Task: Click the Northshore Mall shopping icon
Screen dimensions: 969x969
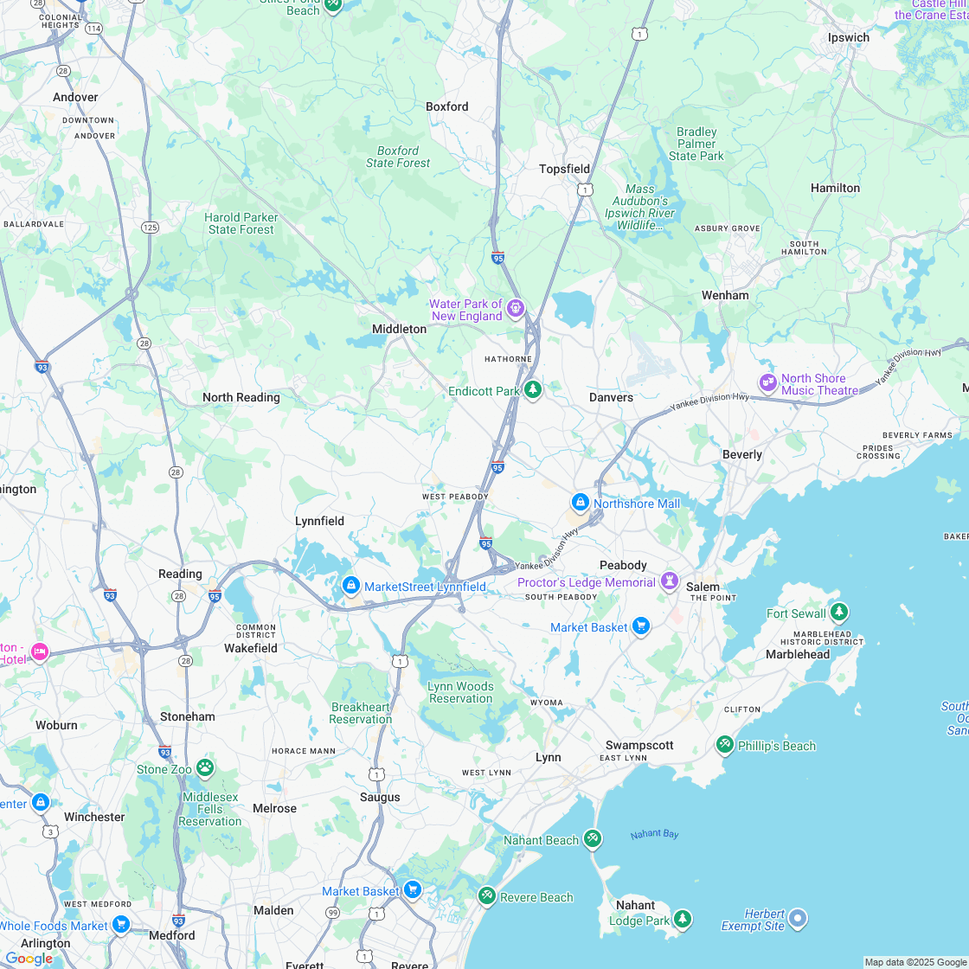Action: point(581,502)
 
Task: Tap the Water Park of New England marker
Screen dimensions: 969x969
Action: point(516,307)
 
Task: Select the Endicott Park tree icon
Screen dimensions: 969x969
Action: point(533,390)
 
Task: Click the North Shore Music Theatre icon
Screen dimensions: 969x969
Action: point(768,382)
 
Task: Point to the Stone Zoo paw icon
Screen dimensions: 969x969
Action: point(205,767)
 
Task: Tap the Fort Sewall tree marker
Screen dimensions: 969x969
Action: point(838,613)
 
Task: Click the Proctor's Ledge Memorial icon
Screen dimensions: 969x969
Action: point(670,581)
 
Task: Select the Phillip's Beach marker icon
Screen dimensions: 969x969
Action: point(725,744)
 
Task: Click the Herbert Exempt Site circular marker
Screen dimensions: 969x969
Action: point(798,918)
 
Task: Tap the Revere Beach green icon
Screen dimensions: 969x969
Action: point(487,895)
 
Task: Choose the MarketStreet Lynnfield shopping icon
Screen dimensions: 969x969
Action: point(350,586)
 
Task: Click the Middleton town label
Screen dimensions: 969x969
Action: point(399,329)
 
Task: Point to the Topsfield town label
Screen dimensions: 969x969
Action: point(564,169)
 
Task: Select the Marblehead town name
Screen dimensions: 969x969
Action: point(798,654)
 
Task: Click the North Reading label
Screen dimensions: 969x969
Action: point(241,397)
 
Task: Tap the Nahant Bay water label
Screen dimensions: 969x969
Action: point(654,834)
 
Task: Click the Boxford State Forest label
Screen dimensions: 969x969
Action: point(398,157)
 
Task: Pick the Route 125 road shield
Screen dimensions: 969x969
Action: point(150,228)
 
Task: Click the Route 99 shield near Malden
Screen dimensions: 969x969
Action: point(333,913)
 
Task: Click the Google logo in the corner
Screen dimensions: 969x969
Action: point(29,958)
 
